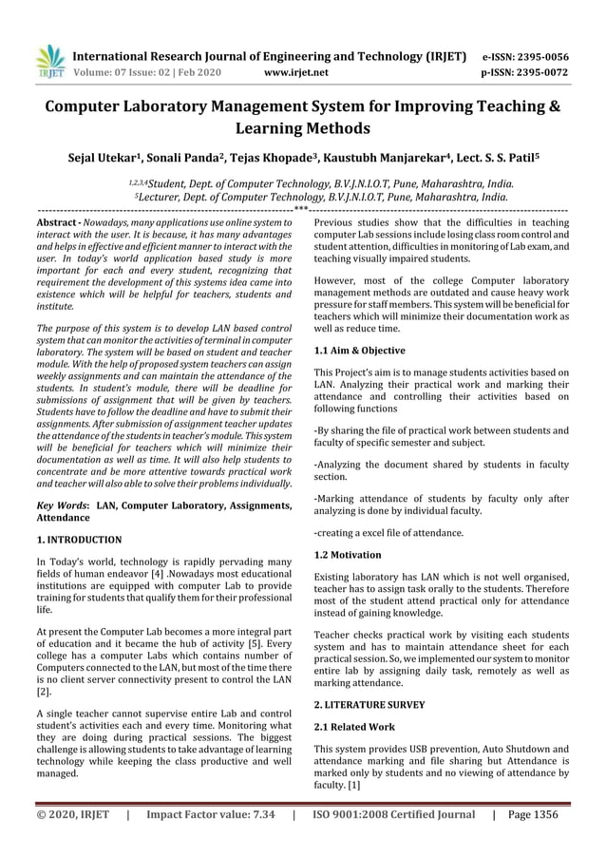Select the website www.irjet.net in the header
click(x=297, y=72)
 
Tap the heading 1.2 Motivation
click(x=348, y=555)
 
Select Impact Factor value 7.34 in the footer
click(x=211, y=815)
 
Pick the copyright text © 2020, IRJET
click(x=67, y=815)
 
